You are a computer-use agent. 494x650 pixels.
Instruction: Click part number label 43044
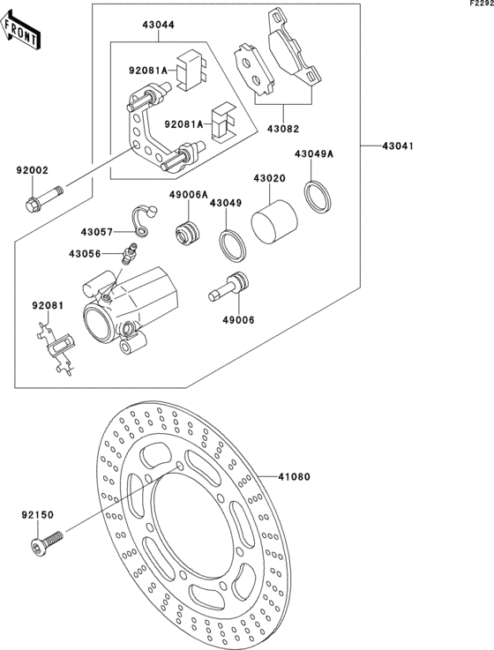click(x=159, y=25)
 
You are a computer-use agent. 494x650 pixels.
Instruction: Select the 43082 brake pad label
click(x=283, y=129)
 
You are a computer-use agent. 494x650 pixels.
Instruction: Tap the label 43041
click(x=398, y=146)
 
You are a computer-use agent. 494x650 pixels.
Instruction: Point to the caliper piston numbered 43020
click(x=274, y=221)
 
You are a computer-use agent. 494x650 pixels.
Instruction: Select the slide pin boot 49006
click(x=229, y=286)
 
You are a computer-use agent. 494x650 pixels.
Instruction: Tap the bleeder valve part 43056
click(x=129, y=252)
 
